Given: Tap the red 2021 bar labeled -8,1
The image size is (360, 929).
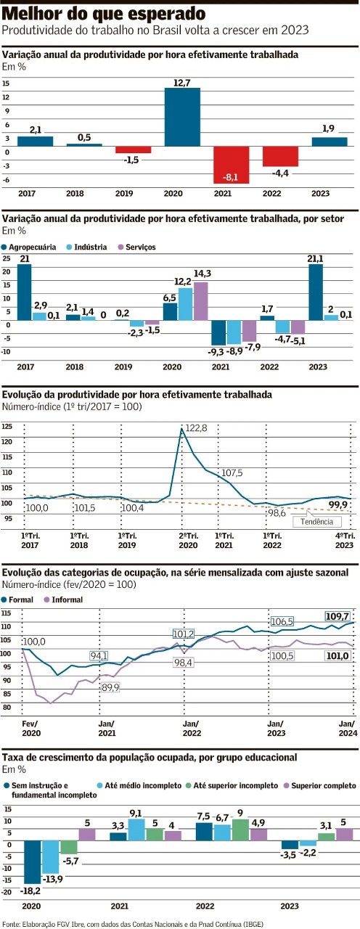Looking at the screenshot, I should tap(231, 164).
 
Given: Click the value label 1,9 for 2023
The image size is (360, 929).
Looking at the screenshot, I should tap(328, 129).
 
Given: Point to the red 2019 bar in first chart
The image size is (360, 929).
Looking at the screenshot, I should tap(133, 150).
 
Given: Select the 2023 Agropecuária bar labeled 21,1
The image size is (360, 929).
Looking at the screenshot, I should tap(316, 292).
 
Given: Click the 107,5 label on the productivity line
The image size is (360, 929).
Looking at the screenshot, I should tap(232, 473).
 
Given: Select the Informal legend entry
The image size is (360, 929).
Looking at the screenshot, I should tap(64, 599).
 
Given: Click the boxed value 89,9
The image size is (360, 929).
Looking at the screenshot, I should tap(110, 687).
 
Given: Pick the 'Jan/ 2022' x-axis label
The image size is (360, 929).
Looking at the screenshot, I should tap(190, 728).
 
